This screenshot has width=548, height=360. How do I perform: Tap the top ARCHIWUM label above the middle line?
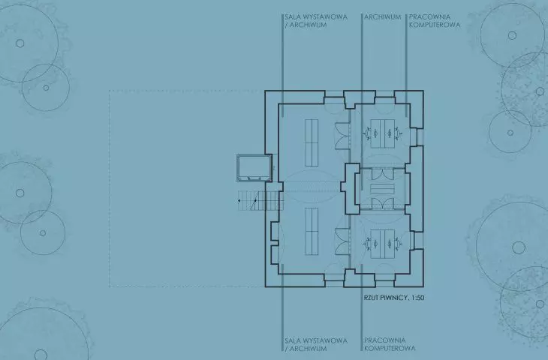click(382, 16)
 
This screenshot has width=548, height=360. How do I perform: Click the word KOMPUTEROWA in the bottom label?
click(390, 348)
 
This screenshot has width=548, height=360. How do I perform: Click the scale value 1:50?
click(417, 298)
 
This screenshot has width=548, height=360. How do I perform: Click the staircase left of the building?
click(259, 200)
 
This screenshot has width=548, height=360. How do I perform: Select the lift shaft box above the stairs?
click(254, 168)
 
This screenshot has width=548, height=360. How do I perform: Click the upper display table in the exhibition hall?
click(312, 142)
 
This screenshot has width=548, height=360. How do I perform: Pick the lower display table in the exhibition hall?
click(312, 231)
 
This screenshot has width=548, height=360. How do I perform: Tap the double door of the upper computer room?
click(342, 136)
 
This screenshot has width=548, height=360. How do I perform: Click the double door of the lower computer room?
click(342, 241)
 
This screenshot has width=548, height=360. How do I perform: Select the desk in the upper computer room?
click(383, 133)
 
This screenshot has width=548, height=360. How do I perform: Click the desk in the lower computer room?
click(383, 244)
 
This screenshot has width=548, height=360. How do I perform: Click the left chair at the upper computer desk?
click(368, 133)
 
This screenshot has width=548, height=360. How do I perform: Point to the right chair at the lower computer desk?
click(398, 244)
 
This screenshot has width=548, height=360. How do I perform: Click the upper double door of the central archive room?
click(382, 174)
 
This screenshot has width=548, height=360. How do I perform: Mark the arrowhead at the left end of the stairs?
click(239, 201)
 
